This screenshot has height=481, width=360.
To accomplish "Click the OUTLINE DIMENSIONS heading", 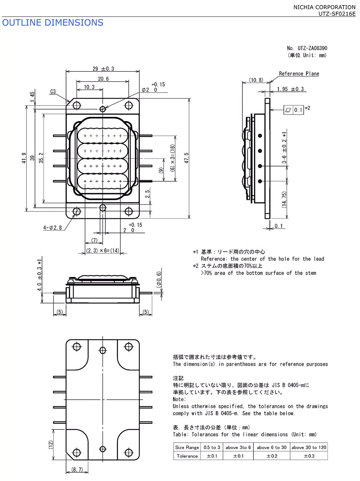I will pyautogui.click(x=52, y=23).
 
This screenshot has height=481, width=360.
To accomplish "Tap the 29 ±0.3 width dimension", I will pyautogui.click(x=103, y=69).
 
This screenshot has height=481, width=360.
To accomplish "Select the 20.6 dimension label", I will pyautogui.click(x=103, y=79).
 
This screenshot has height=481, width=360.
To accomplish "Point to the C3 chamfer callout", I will pyautogui.click(x=53, y=92).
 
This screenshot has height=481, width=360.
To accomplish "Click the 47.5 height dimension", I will pyautogui.click(x=187, y=158).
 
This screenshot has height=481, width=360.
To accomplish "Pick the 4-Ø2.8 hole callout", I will pyautogui.click(x=52, y=228).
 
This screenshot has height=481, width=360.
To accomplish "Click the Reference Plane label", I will pyautogui.click(x=299, y=74).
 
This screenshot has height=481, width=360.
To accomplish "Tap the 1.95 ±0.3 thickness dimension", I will pyautogui.click(x=290, y=89).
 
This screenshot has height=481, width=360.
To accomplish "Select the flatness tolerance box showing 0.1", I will pyautogui.click(x=294, y=110).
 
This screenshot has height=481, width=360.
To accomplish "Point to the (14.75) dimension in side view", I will pyautogui.click(x=284, y=199).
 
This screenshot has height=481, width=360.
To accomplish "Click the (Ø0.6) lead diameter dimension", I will pyautogui.click(x=159, y=280).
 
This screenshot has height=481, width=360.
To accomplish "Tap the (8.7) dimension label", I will pyautogui.click(x=77, y=470).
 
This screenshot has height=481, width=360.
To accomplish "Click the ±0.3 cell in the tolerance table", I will pyautogui.click(x=309, y=456).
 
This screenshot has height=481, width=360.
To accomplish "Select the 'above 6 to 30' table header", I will pyautogui.click(x=271, y=447).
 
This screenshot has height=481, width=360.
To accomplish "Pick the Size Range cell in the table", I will pyautogui.click(x=187, y=447).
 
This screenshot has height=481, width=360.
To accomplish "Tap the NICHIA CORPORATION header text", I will pyautogui.click(x=324, y=7).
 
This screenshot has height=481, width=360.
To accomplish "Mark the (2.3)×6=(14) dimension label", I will pyautogui.click(x=103, y=250).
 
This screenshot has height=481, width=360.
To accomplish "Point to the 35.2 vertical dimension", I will pyautogui.click(x=41, y=158).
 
